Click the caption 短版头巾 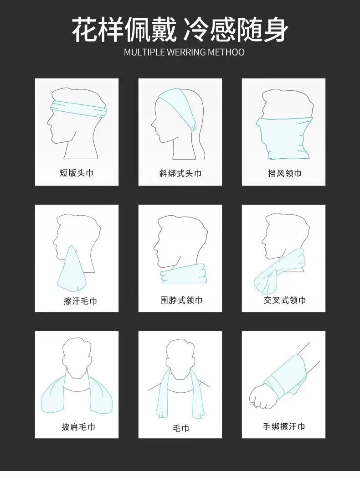click(77, 173)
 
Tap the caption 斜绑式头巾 click(180, 173)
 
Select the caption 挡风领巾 click(284, 173)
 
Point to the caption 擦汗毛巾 click(80, 301)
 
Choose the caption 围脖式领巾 click(181, 300)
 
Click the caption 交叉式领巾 click(284, 300)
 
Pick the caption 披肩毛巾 click(78, 427)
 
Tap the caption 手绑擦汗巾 click(284, 426)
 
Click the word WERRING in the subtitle click(186, 52)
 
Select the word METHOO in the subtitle click(226, 52)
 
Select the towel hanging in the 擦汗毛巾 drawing click(71, 271)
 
